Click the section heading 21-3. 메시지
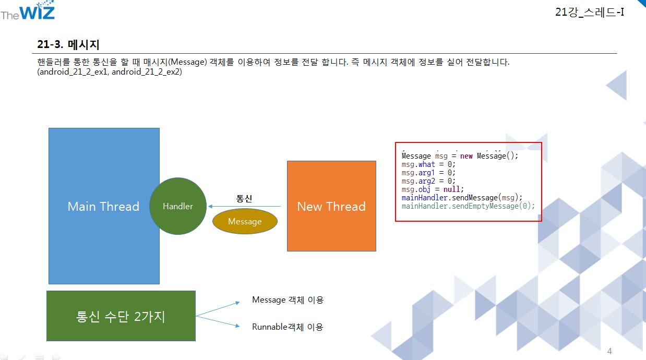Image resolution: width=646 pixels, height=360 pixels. (x=68, y=45)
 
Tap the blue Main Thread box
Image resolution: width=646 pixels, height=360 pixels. (x=103, y=206)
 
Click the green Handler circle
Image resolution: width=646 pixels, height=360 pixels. (x=178, y=206)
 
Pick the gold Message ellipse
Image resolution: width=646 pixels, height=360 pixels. (x=245, y=222)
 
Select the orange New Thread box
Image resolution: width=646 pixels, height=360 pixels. (x=331, y=206)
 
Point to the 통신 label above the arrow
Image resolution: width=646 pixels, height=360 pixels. (x=244, y=198)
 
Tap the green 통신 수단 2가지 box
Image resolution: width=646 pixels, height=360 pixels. (x=121, y=316)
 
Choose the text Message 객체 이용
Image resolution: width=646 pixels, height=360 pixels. (x=288, y=300)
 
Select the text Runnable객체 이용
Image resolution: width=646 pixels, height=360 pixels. (x=288, y=327)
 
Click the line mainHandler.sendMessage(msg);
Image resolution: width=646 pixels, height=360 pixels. (x=462, y=198)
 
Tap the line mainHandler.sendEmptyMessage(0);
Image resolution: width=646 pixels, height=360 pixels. (x=468, y=206)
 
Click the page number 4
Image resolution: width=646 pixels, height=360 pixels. (x=609, y=351)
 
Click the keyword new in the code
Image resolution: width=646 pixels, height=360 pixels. (x=466, y=156)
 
